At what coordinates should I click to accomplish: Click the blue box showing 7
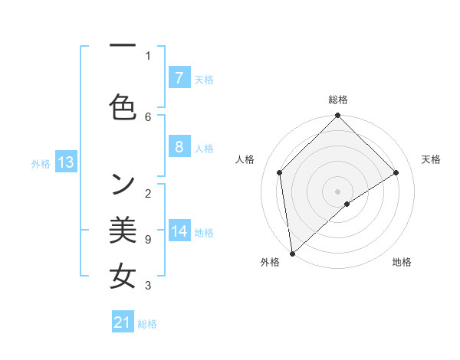(179, 77)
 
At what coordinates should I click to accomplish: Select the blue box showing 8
(179, 147)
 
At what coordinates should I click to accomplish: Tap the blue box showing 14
(179, 232)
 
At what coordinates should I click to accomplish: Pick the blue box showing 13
(66, 162)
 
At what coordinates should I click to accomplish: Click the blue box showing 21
(123, 322)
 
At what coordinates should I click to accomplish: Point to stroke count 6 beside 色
(148, 116)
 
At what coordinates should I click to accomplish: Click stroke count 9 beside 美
(148, 240)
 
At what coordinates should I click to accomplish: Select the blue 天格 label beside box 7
(204, 79)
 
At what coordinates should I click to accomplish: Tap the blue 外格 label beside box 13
(41, 163)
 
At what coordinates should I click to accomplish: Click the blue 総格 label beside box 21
(147, 324)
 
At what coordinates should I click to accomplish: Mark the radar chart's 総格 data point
(337, 116)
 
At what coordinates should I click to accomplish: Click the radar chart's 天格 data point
(396, 172)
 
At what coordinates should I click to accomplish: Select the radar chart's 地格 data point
(347, 204)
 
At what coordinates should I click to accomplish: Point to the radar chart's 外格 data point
(292, 253)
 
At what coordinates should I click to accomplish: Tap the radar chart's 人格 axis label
(245, 159)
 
